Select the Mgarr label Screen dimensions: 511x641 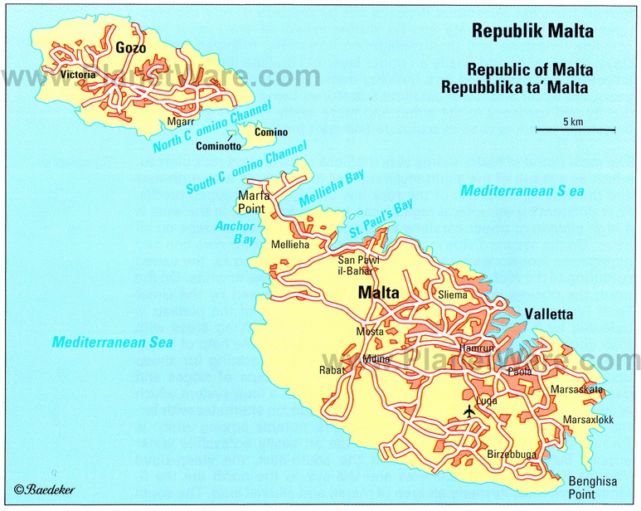pos(180,121)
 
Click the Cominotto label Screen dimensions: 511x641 pos(218,147)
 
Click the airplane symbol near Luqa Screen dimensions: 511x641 pos(469,410)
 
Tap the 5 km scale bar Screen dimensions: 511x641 pos(574,128)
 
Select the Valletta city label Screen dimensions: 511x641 pos(549,314)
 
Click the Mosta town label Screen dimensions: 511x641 pos(369,332)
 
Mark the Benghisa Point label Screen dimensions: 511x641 pos(588,486)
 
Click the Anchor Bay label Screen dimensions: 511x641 pos(226,232)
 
